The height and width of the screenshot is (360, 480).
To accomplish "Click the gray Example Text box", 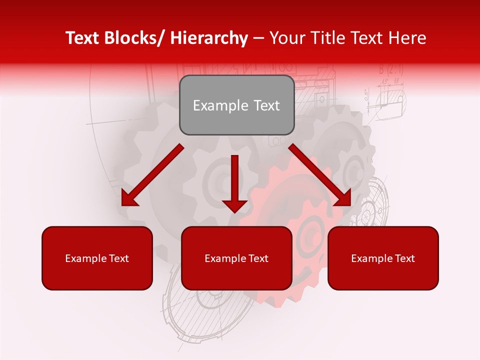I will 236,105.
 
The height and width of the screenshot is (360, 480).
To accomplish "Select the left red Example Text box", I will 97,258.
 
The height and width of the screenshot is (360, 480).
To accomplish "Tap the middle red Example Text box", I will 236,258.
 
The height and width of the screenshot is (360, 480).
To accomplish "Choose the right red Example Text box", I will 383,258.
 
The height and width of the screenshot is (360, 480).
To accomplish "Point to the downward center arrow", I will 234,185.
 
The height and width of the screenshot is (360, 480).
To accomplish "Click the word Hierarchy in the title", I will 209,38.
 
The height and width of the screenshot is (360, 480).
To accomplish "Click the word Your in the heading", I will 286,38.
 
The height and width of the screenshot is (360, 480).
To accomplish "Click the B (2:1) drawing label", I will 390,69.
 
